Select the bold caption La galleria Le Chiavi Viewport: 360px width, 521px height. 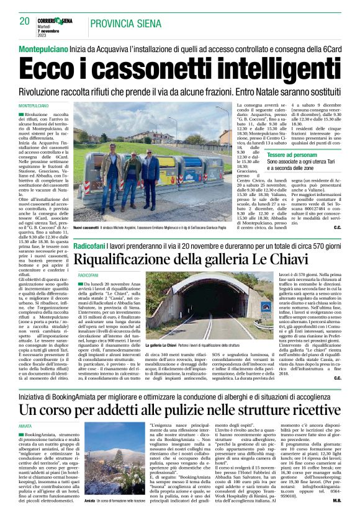tap(164, 345)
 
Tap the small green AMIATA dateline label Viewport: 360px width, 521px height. tap(27, 427)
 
